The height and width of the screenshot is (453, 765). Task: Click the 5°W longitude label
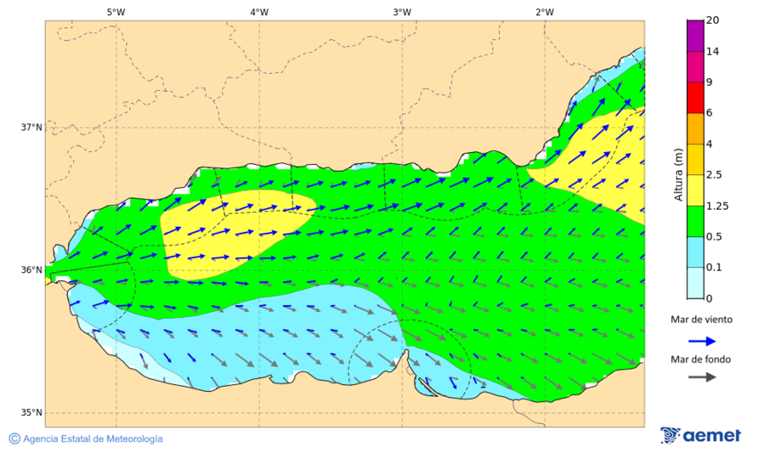tap(116, 12)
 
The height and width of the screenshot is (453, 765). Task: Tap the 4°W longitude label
tap(259, 12)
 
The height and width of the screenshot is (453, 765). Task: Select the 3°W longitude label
tap(402, 12)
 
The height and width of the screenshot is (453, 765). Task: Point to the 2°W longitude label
tap(545, 12)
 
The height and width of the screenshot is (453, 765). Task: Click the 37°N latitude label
tap(31, 127)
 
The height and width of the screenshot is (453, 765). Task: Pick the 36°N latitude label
tap(31, 270)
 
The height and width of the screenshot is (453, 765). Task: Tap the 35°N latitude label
tap(31, 413)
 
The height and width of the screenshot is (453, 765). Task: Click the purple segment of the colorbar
tap(694, 36)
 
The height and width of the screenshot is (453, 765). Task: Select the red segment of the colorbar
tap(694, 97)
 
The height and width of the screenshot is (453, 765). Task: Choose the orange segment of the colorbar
tap(694, 128)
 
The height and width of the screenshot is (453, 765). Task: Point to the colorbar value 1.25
tap(718, 206)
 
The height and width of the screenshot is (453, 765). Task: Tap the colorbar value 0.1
tap(713, 268)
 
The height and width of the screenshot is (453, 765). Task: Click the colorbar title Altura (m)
tap(678, 174)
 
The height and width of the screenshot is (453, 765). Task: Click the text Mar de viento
tap(700, 320)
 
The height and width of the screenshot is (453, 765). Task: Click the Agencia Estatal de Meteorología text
tap(93, 439)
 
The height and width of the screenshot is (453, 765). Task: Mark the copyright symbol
tap(14, 439)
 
